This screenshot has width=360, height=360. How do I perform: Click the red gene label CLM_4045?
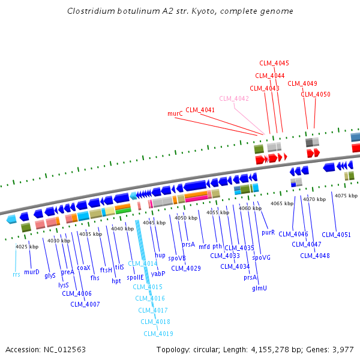[274, 63]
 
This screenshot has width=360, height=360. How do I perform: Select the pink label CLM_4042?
[234, 98]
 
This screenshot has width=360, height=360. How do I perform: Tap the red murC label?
[175, 113]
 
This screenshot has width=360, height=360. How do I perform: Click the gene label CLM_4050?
[316, 94]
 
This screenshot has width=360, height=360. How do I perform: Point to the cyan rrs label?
[16, 274]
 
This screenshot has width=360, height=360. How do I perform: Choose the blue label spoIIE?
[135, 278]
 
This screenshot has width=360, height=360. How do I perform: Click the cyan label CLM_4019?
[158, 334]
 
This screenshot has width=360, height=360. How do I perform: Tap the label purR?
[268, 232]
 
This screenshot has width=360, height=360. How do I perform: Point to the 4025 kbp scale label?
[27, 247]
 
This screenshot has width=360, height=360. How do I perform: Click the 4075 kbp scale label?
[346, 196]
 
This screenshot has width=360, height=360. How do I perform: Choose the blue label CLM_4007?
[85, 304]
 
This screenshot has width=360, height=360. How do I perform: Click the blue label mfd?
[205, 246]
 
